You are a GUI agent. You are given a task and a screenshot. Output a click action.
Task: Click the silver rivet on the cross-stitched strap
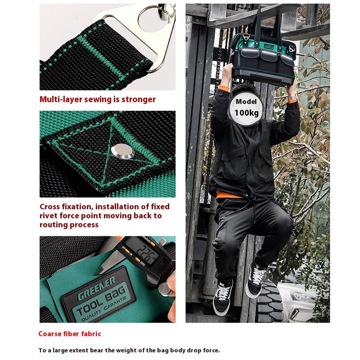point(122,151)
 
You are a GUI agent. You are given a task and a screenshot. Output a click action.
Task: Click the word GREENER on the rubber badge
point(96,288)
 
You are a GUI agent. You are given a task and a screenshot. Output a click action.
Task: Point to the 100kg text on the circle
point(246,113)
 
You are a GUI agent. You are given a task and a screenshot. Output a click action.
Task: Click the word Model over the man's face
point(246,102)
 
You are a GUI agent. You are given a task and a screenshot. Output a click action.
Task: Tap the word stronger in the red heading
point(139,99)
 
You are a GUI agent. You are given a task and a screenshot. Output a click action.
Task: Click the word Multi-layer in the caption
point(61,99)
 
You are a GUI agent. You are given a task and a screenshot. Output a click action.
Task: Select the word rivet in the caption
point(49,216)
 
